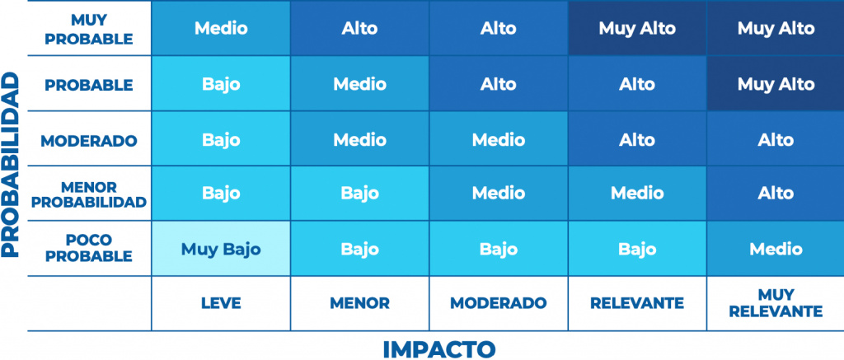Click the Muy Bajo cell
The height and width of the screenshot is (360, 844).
click(x=221, y=249)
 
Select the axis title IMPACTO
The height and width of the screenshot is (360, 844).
click(x=438, y=348)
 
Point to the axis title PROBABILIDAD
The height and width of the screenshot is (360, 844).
click(x=10, y=165)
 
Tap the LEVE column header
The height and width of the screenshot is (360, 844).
click(x=221, y=303)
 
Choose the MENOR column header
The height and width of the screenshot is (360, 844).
click(x=359, y=303)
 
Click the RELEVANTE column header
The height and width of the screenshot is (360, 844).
click(x=637, y=303)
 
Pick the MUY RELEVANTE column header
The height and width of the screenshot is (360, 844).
click(x=776, y=303)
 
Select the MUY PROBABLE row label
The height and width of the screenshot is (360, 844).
click(x=89, y=29)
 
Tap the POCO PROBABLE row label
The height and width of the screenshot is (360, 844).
click(x=89, y=248)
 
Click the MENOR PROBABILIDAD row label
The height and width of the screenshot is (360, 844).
click(x=89, y=194)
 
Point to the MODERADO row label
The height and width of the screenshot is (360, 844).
click(x=89, y=141)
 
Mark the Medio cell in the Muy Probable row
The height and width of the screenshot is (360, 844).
click(x=221, y=28)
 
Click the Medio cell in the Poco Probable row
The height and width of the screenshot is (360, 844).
click(x=776, y=249)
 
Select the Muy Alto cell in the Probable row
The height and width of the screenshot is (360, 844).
click(x=776, y=84)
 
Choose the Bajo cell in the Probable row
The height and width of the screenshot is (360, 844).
click(x=221, y=84)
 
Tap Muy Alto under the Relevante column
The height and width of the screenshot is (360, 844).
click(x=637, y=28)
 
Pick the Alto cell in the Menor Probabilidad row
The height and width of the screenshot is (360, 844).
click(x=776, y=194)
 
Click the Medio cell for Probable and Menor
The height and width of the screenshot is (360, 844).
click(x=359, y=84)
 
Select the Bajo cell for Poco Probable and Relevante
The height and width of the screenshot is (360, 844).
click(x=637, y=249)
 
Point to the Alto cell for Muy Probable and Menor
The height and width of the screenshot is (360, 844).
click(x=359, y=28)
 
